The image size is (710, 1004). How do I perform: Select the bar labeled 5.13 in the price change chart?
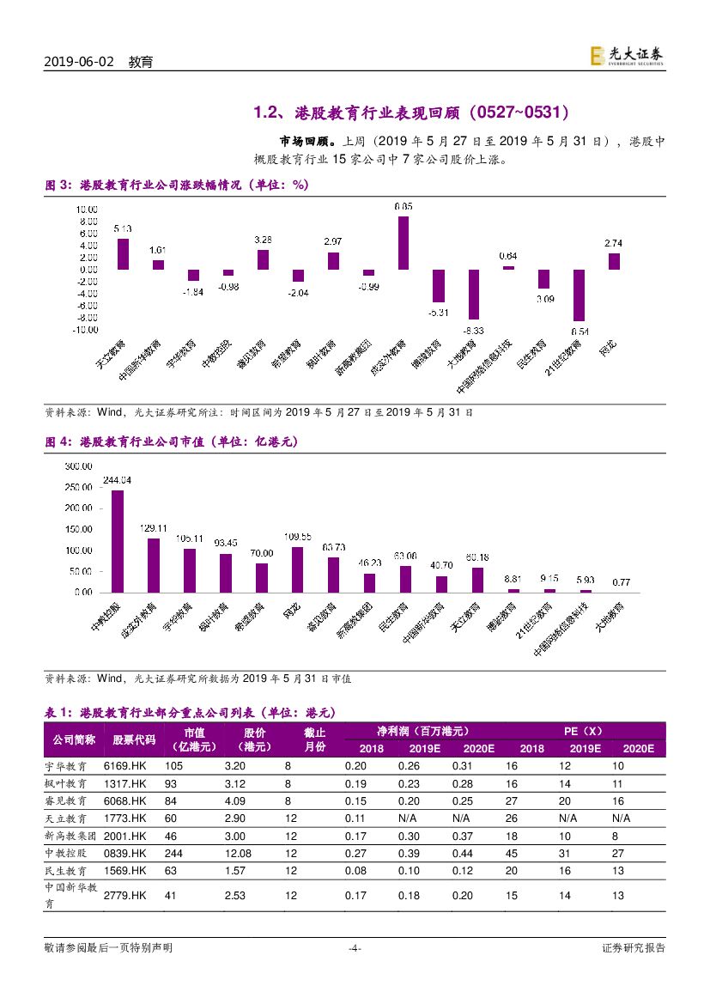coord(123,254)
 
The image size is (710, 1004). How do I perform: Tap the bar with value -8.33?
coord(473,295)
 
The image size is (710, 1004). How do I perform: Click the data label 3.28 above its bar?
coord(264,240)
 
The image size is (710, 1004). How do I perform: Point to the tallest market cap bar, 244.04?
coord(117,541)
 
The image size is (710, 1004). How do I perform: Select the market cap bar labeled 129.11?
coord(154,565)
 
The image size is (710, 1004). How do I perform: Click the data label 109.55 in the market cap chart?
coord(297,536)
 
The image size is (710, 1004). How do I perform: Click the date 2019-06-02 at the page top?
coord(78,63)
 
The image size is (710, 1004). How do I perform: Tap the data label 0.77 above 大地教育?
coord(621,582)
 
